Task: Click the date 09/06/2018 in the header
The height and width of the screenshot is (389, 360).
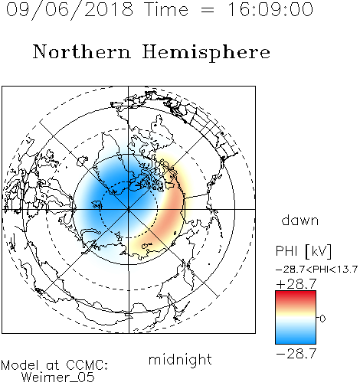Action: point(70,10)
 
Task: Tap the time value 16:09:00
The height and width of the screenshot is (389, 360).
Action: point(270,9)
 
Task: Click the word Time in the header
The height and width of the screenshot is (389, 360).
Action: point(166,9)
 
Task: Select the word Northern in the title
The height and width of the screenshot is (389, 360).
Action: point(82,51)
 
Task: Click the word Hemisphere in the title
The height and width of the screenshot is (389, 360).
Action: point(206,53)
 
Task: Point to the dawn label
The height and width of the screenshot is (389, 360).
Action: point(300,220)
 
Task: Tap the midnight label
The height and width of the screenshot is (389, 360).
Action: point(180,359)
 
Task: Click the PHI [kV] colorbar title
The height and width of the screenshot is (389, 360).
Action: point(303,251)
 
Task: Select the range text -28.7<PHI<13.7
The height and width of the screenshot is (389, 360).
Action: point(316,270)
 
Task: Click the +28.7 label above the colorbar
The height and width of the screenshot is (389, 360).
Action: point(296,284)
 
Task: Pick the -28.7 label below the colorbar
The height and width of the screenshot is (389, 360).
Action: point(296,354)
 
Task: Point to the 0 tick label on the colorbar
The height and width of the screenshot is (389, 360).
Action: point(322,319)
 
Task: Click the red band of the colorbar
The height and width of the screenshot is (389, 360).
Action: point(296,296)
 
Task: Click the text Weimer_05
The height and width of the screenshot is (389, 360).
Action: point(58,378)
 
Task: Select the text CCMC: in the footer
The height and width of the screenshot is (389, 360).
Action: point(87,365)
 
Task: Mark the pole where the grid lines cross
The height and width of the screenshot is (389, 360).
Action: point(129,209)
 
